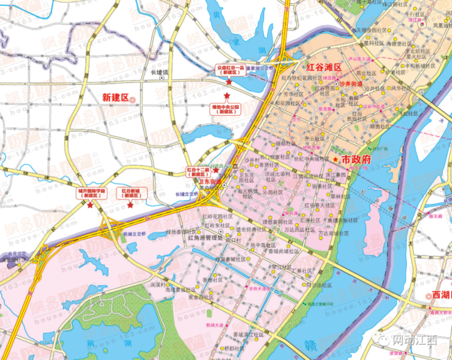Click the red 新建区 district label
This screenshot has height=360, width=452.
[114, 97]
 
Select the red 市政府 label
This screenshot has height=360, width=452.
[356, 158]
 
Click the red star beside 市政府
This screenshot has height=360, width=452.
[335, 158]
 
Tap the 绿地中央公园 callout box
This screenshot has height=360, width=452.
[225, 109]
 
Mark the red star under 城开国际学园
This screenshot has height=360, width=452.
[90, 205]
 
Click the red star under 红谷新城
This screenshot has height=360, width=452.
[130, 205]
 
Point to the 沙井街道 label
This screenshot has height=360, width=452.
[353, 84]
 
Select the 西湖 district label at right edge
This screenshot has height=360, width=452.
[440, 295]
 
